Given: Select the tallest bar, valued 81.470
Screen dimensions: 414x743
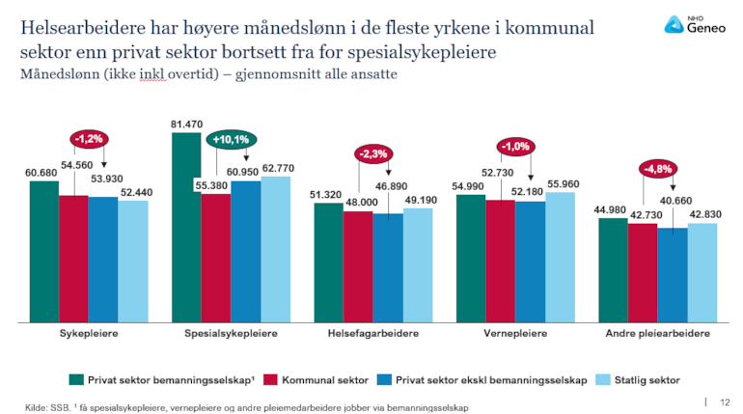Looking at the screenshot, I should click(186, 227).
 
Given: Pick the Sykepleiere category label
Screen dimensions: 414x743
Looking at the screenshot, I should click(75, 333).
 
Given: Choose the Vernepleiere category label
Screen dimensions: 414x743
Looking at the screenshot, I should click(514, 333).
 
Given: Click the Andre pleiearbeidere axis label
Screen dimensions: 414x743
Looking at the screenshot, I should click(657, 333).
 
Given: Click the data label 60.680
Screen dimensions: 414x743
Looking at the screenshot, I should click(42, 173).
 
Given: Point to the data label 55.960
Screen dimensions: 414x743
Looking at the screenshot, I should click(563, 183).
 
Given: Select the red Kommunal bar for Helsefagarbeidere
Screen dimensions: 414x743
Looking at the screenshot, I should click(358, 265).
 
